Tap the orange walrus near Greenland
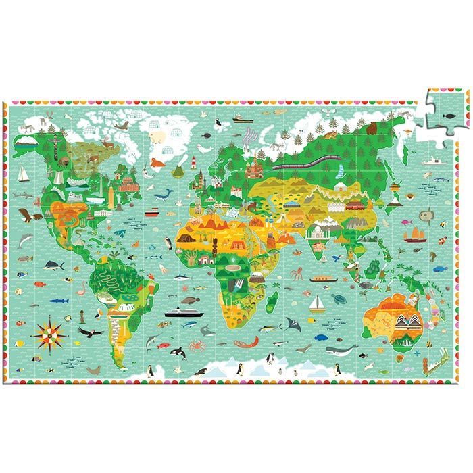157,162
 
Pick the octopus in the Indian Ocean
297,273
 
